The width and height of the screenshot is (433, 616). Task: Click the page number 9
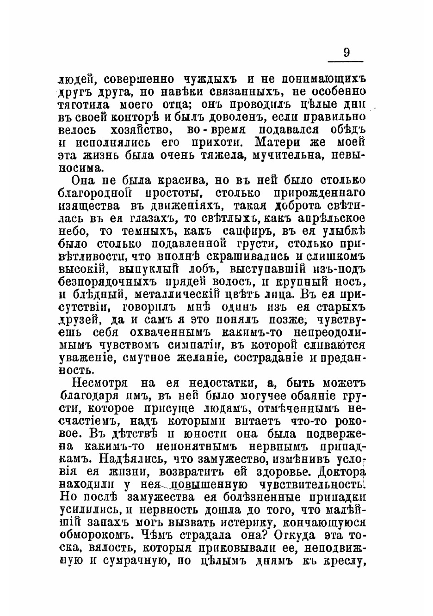[346, 53]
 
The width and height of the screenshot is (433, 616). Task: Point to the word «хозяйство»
[142, 130]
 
